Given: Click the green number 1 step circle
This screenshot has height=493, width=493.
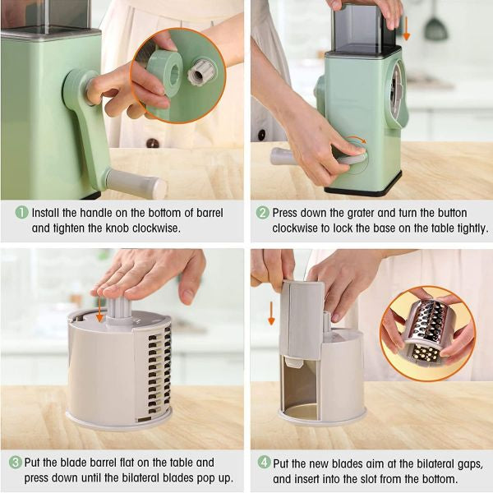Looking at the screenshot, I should point(21,212).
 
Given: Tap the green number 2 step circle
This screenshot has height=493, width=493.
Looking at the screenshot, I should point(263,212).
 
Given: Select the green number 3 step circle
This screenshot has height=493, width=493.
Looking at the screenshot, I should point(16,463).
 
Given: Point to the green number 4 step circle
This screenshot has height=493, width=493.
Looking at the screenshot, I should point(263,463).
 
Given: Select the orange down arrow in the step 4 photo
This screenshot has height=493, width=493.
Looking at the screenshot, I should point(271,312).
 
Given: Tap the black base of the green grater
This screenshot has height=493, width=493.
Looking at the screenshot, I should point(362,189).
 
